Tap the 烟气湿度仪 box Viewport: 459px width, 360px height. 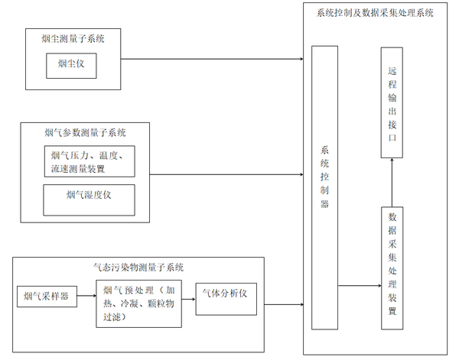[89, 196]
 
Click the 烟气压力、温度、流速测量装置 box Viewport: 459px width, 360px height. [89, 162]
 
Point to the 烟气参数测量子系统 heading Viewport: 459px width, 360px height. [86, 132]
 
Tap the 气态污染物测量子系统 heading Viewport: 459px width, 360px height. [138, 267]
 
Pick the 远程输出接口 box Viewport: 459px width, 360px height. [392, 103]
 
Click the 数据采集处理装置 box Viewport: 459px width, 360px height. [392, 267]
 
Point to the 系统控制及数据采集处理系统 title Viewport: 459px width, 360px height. [375, 13]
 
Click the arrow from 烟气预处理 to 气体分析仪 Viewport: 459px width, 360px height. [190, 295]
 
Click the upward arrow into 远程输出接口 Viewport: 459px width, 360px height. [392, 182]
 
